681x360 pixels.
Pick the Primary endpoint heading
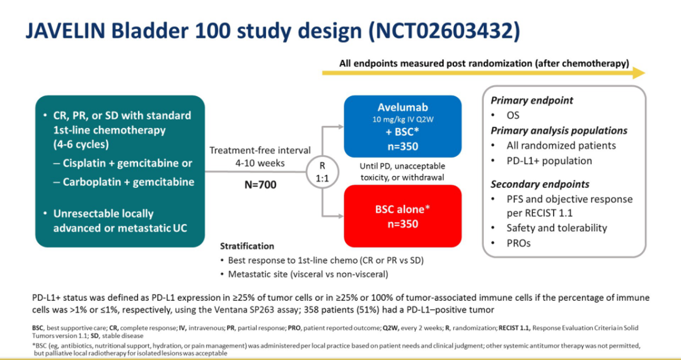click(540, 100)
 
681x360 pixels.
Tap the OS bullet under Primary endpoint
click(513, 115)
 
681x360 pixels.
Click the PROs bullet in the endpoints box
click(518, 243)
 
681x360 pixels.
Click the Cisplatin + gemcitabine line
click(127, 163)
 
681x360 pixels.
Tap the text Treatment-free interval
click(260, 150)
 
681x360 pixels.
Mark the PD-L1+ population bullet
click(549, 160)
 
